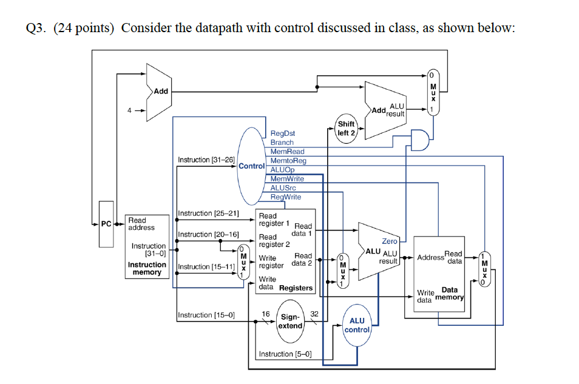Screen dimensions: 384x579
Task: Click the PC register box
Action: [x=106, y=224]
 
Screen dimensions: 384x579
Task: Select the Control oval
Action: [x=252, y=165]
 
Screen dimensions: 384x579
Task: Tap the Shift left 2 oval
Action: [x=347, y=128]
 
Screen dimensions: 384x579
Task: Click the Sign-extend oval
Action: [x=291, y=322]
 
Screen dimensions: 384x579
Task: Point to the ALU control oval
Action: [x=357, y=325]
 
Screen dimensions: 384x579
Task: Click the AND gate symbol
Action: [x=419, y=139]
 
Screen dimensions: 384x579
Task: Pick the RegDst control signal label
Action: [x=283, y=133]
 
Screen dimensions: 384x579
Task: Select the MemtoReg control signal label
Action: [x=288, y=160]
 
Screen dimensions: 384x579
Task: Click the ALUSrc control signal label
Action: [x=283, y=188]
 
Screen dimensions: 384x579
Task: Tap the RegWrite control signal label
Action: [x=285, y=197]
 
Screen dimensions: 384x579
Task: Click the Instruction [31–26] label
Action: [x=206, y=160]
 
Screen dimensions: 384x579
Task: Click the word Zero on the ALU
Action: [x=390, y=241]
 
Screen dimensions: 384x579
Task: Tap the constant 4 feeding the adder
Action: [x=129, y=110]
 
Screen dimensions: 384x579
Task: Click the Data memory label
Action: [x=450, y=294]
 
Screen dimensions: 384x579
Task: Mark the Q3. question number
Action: [x=38, y=29]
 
